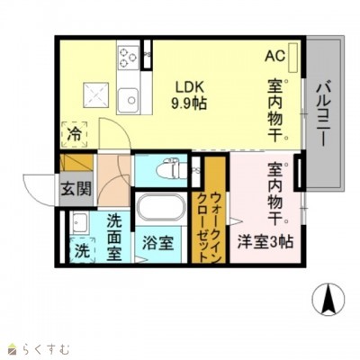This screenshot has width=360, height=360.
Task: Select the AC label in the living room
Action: [x=274, y=56]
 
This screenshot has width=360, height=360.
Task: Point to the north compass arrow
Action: [x=328, y=300]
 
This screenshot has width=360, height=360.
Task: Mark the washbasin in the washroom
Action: [x=78, y=222]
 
